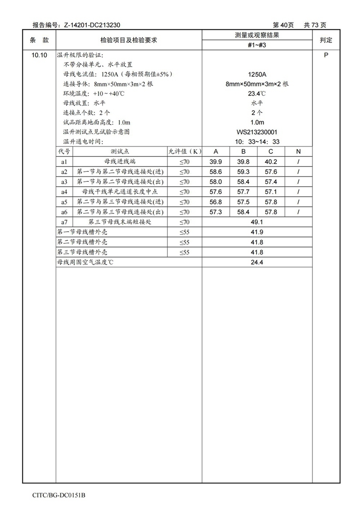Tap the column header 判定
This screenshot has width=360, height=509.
pyautogui.click(x=326, y=40)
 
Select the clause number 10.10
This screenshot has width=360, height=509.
pyautogui.click(x=39, y=55)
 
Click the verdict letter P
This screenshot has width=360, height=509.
pyautogui.click(x=326, y=55)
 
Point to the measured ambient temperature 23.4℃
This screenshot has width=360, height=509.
pyautogui.click(x=257, y=94)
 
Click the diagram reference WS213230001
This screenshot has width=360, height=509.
pyautogui.click(x=257, y=132)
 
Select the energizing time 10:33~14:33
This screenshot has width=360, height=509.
pyautogui.click(x=257, y=142)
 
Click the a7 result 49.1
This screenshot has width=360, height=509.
pyautogui.click(x=257, y=222)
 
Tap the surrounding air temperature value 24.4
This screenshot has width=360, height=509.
pyautogui.click(x=257, y=262)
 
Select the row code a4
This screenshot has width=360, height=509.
pyautogui.click(x=64, y=192)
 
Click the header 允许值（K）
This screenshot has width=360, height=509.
pyautogui.click(x=184, y=152)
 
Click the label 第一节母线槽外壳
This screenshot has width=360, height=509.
pyautogui.click(x=82, y=232)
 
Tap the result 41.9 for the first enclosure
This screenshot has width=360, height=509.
pyautogui.click(x=257, y=232)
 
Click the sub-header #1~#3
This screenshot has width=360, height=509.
pyautogui.click(x=257, y=45)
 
